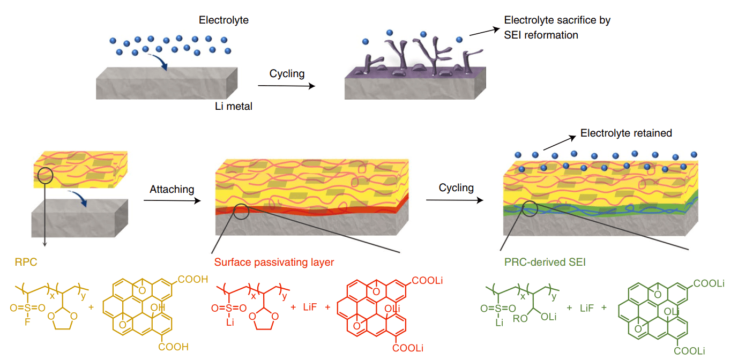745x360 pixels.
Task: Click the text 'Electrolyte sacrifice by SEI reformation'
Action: click(x=557, y=28)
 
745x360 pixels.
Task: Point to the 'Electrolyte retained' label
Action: click(x=626, y=133)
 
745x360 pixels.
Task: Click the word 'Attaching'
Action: click(x=172, y=189)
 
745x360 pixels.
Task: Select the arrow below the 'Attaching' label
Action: click(x=172, y=200)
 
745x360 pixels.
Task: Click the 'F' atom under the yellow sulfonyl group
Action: click(x=27, y=323)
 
